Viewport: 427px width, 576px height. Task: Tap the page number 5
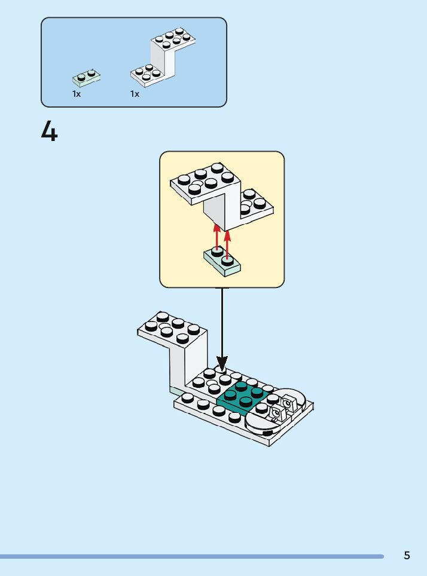point(407,555)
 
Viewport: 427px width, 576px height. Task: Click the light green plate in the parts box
point(87,77)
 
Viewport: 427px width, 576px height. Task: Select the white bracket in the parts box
point(163,57)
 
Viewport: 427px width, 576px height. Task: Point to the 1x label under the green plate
point(77,94)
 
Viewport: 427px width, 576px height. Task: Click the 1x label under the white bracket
point(135,94)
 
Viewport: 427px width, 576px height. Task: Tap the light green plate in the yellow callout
point(222,262)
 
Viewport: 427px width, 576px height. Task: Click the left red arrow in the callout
point(217,237)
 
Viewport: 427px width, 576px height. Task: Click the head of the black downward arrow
point(222,364)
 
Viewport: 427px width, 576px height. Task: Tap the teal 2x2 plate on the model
point(242,395)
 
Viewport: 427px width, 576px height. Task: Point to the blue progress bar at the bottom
point(191,556)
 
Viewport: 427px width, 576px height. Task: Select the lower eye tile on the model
point(276,413)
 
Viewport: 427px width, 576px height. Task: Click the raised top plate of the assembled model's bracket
point(172,329)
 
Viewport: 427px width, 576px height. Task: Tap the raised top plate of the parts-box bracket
point(173,39)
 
